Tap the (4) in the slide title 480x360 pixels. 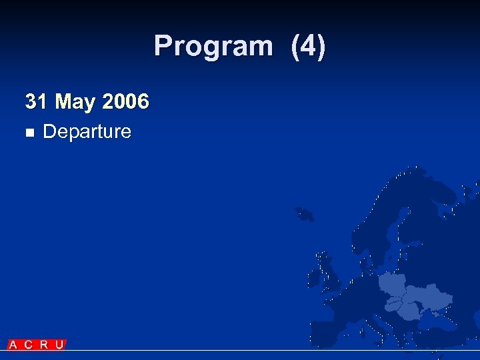308,47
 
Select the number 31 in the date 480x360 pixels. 36,102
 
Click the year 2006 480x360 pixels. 126,102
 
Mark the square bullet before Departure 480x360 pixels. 29,133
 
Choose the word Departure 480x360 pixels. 87,131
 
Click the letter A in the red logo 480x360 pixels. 13,345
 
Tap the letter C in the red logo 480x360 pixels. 28,345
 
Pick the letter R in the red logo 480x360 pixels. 43,345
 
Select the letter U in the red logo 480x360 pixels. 59,345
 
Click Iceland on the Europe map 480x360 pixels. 305,214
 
